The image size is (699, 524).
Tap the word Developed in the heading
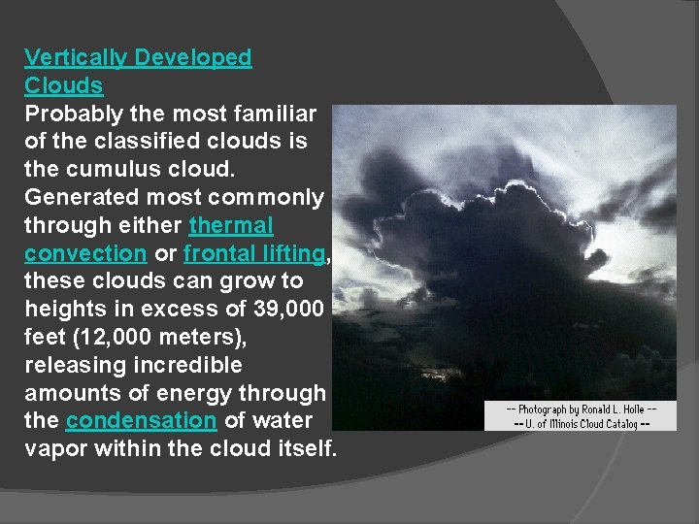pyautogui.click(x=193, y=58)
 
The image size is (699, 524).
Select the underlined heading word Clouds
pyautogui.click(x=63, y=85)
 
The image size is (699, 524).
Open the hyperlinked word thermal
pyautogui.click(x=231, y=226)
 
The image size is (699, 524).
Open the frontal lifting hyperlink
pyautogui.click(x=254, y=254)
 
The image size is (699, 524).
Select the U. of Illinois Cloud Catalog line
pyautogui.click(x=582, y=423)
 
